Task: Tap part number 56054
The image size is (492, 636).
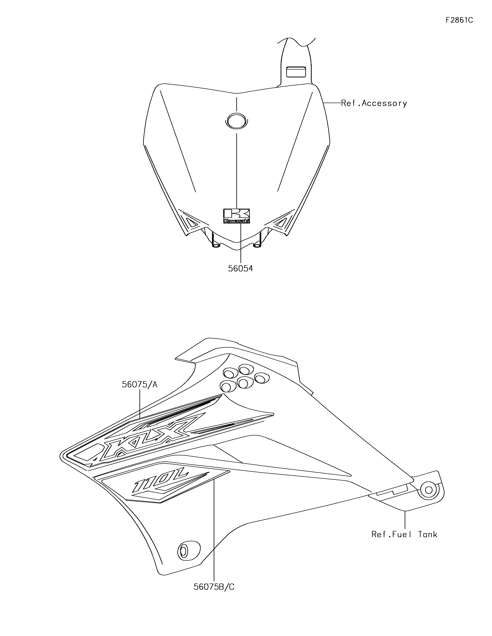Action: (240, 268)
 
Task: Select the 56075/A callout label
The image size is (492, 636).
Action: (140, 384)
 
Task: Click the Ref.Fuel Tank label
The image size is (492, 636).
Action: (404, 534)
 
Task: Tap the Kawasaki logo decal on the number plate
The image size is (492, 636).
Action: (236, 216)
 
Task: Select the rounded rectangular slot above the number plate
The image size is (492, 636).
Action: (296, 72)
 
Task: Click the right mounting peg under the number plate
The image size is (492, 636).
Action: (257, 243)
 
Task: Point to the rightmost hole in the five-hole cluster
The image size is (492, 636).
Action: (262, 378)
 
